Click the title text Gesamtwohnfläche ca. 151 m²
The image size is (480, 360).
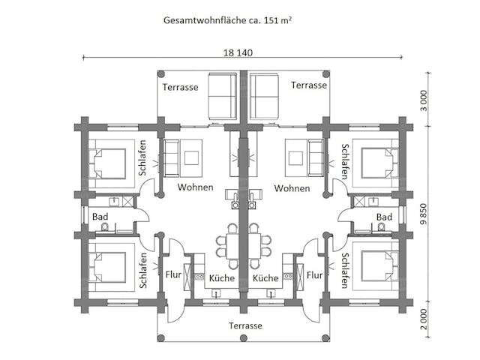pyautogui.click(x=227, y=20)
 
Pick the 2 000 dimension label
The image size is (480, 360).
pyautogui.click(x=424, y=319)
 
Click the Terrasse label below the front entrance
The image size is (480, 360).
pyautogui.click(x=245, y=325)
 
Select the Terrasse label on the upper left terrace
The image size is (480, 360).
pyautogui.click(x=181, y=86)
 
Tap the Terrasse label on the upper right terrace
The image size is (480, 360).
pyautogui.click(x=309, y=85)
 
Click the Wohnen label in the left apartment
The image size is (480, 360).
pyautogui.click(x=195, y=187)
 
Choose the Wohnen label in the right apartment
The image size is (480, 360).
pyautogui.click(x=292, y=187)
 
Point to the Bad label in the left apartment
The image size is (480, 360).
pyautogui.click(x=100, y=216)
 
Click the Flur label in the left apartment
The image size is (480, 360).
pyautogui.click(x=172, y=275)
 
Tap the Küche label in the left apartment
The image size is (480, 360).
pyautogui.click(x=222, y=278)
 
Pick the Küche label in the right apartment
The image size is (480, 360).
pyautogui.click(x=265, y=278)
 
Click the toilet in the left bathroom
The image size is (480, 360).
pyautogui.click(x=105, y=226)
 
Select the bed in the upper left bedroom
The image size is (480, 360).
pyautogui.click(x=108, y=161)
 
